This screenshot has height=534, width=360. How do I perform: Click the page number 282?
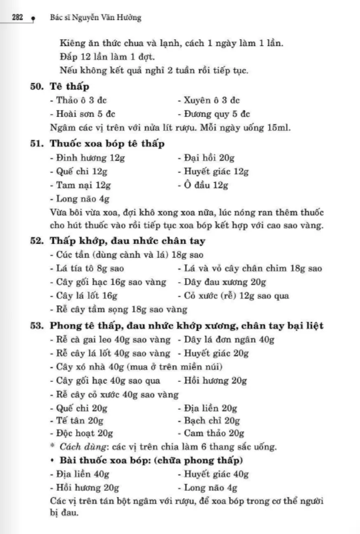(17, 18)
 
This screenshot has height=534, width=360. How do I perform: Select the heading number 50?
(37, 87)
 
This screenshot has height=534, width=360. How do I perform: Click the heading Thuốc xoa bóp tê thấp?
(107, 143)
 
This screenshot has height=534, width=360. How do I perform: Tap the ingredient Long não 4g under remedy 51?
(79, 199)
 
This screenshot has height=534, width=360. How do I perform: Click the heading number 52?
(37, 241)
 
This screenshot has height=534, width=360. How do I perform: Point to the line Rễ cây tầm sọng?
(118, 309)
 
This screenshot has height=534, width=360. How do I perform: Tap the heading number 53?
(37, 326)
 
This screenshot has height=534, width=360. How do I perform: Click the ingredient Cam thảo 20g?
(211, 434)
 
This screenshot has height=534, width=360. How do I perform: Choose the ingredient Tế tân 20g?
(76, 421)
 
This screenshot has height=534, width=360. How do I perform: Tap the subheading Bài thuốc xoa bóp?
(106, 461)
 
